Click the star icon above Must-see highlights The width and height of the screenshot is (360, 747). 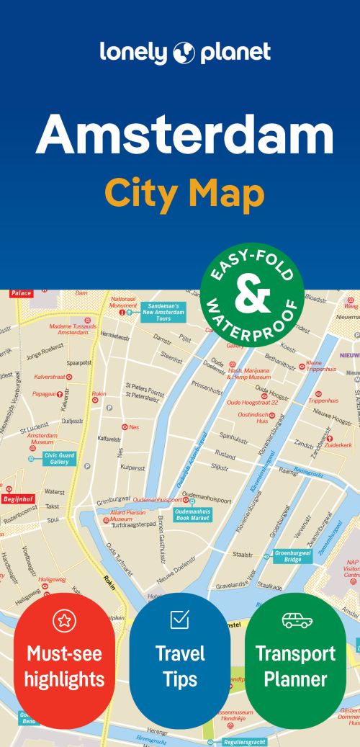click(64, 620)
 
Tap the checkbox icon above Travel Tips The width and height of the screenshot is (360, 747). click(179, 619)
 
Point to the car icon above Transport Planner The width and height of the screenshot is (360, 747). click(296, 619)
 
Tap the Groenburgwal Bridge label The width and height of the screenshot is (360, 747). click(292, 556)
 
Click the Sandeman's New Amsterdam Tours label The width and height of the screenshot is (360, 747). click(163, 312)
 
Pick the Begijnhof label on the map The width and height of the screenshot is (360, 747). click(17, 498)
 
